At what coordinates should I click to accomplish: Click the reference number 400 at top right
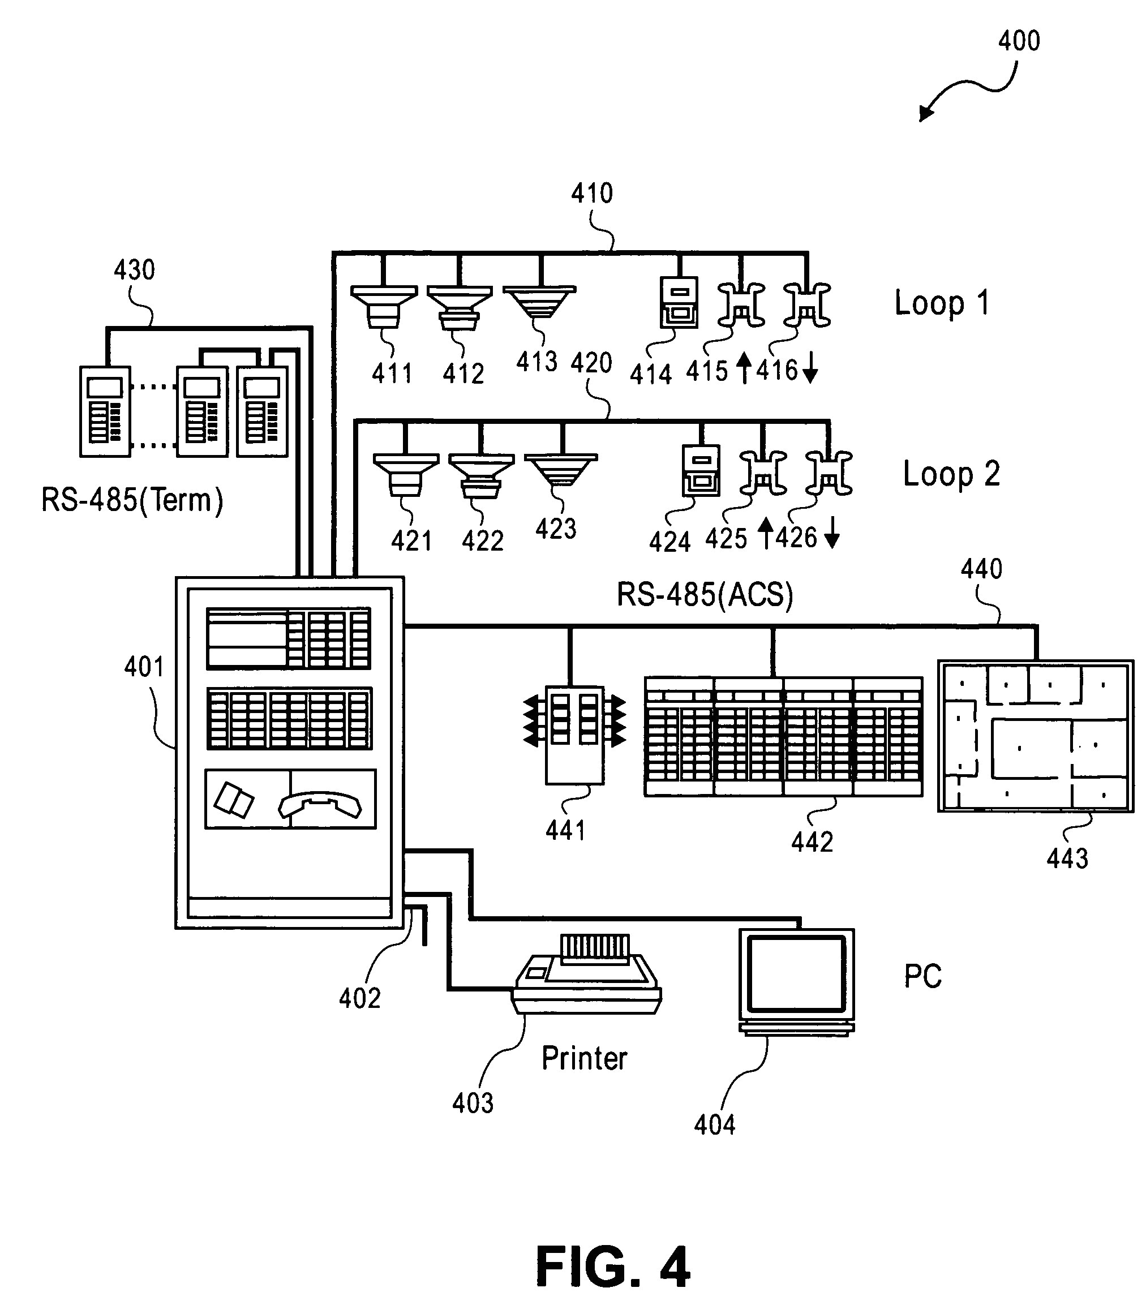(x=1018, y=41)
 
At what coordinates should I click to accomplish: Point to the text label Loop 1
(x=941, y=303)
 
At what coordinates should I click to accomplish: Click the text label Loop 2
(x=951, y=474)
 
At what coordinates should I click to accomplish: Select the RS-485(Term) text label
(x=132, y=500)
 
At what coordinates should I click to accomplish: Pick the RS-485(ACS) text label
(x=704, y=595)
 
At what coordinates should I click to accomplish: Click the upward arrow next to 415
(x=744, y=368)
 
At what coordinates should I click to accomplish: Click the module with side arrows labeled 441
(x=574, y=733)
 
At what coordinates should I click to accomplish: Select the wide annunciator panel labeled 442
(x=783, y=736)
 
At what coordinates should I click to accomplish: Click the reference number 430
(x=134, y=271)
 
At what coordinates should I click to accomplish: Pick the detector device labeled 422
(x=481, y=476)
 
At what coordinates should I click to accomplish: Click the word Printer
(x=584, y=1058)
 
